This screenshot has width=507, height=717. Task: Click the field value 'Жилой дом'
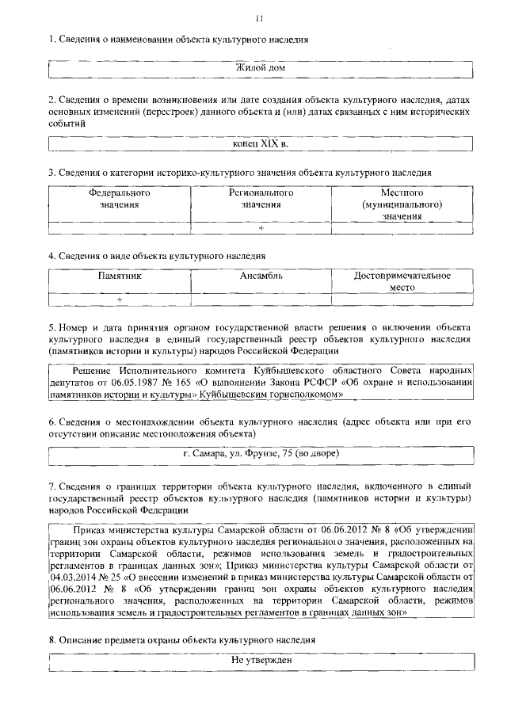pyautogui.click(x=261, y=69)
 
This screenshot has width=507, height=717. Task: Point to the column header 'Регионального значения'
pyautogui.click(x=261, y=199)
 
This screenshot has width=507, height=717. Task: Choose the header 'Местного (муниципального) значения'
pyautogui.click(x=402, y=204)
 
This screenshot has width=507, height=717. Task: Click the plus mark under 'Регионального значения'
pyautogui.click(x=261, y=229)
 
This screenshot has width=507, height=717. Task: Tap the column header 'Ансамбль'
pyautogui.click(x=261, y=276)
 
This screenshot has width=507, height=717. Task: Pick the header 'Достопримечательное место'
pyautogui.click(x=402, y=282)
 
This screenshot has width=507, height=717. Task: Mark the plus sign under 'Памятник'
pyautogui.click(x=120, y=300)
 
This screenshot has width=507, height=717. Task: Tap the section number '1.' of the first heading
pyautogui.click(x=52, y=40)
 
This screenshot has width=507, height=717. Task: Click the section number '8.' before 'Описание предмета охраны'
pyautogui.click(x=52, y=639)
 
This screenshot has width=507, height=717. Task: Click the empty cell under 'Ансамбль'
pyautogui.click(x=261, y=300)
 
